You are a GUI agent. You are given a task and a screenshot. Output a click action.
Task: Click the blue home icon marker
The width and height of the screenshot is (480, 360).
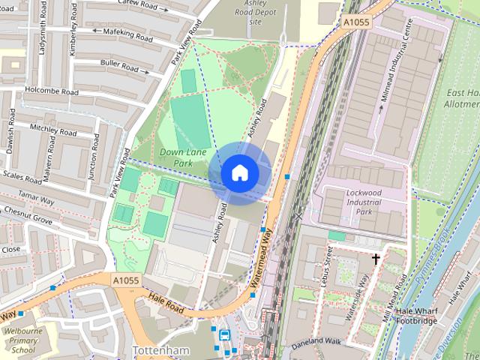click(x=239, y=173)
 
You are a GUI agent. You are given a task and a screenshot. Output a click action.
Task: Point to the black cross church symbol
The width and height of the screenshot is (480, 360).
click(x=376, y=259)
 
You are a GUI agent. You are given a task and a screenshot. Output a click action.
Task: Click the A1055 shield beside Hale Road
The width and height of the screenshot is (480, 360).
click(x=126, y=280)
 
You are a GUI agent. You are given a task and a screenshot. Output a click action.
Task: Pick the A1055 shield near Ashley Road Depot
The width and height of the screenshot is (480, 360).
click(x=358, y=23)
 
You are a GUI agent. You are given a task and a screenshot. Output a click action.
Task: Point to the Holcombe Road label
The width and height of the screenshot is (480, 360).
click(x=50, y=92)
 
